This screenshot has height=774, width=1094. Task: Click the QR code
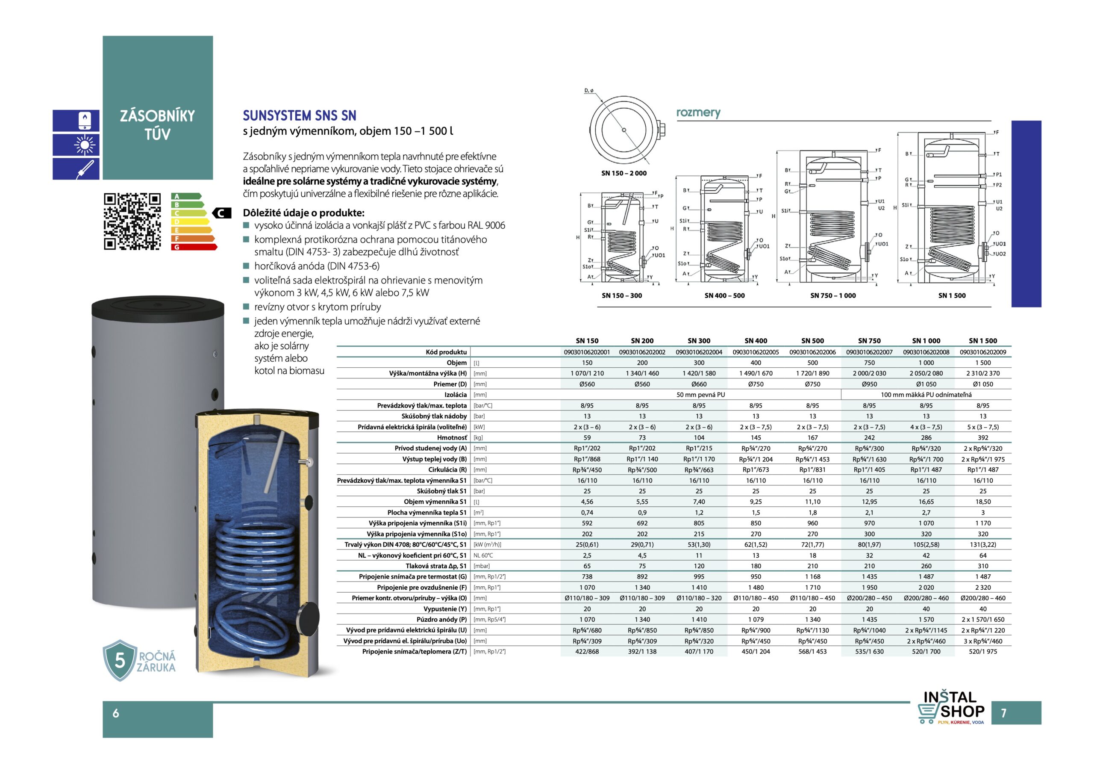132,221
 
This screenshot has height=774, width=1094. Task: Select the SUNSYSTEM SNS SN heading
299,116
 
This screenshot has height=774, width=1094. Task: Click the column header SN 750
869,340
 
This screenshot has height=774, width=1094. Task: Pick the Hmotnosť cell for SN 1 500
982,438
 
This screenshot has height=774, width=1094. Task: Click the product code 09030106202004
699,352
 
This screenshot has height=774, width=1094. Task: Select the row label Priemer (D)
449,384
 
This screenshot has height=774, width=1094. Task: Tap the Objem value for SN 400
756,363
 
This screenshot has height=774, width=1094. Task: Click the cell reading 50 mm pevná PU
700,395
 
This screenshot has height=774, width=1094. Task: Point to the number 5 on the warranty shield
120,661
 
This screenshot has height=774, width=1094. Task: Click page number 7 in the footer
1003,713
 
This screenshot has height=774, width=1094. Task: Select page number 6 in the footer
116,713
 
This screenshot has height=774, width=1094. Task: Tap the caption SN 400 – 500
724,295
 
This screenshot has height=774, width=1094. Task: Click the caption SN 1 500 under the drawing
952,295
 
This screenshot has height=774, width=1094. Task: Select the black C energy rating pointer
221,213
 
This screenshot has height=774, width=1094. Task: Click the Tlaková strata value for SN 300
699,566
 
